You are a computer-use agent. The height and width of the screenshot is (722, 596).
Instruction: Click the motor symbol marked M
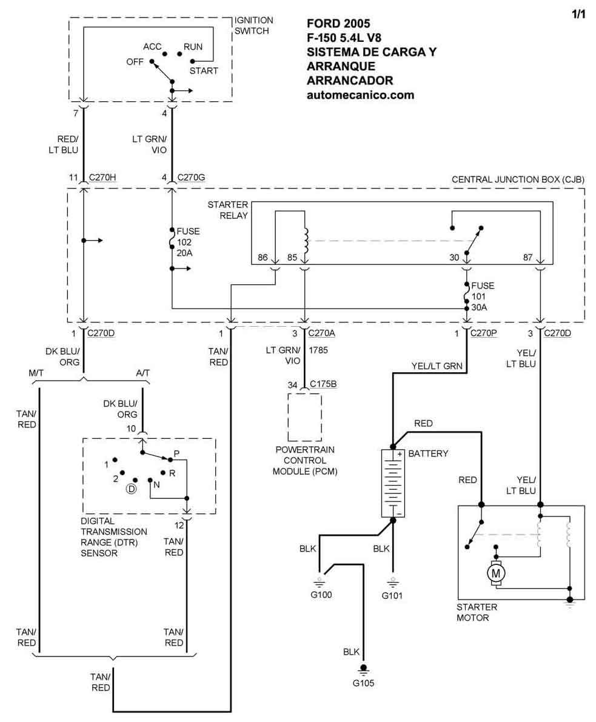(497, 572)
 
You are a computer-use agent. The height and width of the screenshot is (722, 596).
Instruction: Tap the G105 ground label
(364, 683)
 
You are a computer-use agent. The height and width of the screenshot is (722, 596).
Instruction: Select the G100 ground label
(321, 594)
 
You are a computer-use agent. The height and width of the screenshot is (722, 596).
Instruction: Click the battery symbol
(392, 483)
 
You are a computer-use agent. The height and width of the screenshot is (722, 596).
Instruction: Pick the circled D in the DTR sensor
(130, 489)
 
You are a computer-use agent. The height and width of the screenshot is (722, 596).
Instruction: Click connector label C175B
(324, 384)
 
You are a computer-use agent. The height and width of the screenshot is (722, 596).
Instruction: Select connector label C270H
(102, 178)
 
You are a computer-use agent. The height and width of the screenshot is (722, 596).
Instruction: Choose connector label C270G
(191, 178)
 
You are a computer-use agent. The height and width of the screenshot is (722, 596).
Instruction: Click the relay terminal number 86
(263, 257)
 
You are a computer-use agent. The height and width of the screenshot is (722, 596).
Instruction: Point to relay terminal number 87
(528, 257)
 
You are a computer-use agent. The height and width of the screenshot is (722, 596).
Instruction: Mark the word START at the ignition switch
(204, 71)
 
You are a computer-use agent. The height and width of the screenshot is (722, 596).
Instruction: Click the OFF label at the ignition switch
(135, 62)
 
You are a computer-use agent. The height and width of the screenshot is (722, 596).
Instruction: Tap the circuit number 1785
(318, 350)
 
